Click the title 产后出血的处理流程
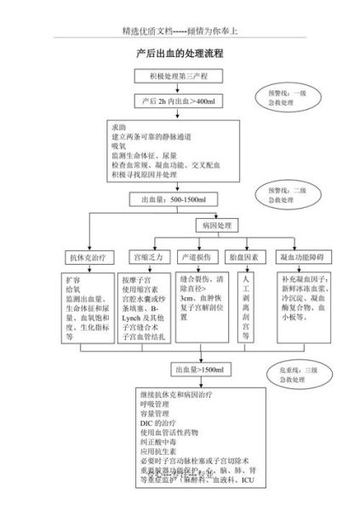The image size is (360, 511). coord(180,53)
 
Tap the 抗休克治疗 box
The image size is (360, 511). coord(86,256)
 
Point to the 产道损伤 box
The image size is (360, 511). coord(198,256)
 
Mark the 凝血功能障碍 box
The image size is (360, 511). coord(302,256)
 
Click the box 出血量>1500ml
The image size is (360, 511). coord(198,370)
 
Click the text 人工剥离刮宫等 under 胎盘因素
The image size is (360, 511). coord(246,307)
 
